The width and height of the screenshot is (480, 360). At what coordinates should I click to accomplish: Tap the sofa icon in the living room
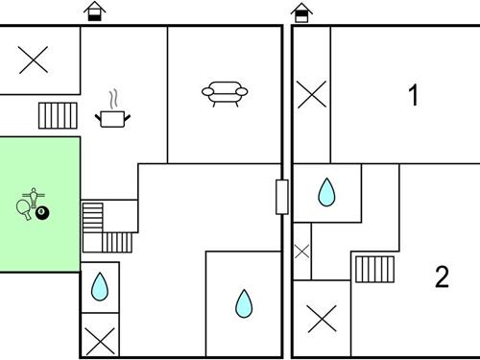[225, 93]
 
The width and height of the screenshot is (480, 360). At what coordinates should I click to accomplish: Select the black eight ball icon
[42, 213]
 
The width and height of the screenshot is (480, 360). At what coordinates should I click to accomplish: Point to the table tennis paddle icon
[24, 209]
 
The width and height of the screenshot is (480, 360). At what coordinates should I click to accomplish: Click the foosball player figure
[34, 198]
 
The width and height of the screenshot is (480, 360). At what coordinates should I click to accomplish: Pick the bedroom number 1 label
[414, 95]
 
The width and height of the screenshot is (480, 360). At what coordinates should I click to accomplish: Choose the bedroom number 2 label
[442, 276]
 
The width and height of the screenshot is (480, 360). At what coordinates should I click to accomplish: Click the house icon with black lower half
[95, 12]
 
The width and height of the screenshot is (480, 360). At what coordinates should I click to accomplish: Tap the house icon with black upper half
[301, 12]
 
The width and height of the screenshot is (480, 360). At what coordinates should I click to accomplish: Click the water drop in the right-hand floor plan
[326, 192]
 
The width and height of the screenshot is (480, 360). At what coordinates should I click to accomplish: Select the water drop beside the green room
[100, 287]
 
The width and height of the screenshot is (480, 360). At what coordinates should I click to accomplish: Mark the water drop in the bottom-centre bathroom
[244, 303]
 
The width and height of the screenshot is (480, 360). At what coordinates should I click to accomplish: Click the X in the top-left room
[34, 60]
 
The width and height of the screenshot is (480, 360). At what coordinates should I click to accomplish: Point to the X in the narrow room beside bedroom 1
[312, 94]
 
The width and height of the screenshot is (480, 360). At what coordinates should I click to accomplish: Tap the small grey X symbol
[301, 252]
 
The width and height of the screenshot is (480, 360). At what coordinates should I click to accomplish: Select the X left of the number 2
[323, 319]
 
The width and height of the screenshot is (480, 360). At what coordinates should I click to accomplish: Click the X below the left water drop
[101, 342]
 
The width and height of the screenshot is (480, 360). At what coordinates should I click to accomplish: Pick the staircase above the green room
[58, 115]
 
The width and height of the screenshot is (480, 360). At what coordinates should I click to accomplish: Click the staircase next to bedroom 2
[374, 270]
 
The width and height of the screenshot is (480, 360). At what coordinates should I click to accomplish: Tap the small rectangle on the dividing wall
[282, 197]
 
